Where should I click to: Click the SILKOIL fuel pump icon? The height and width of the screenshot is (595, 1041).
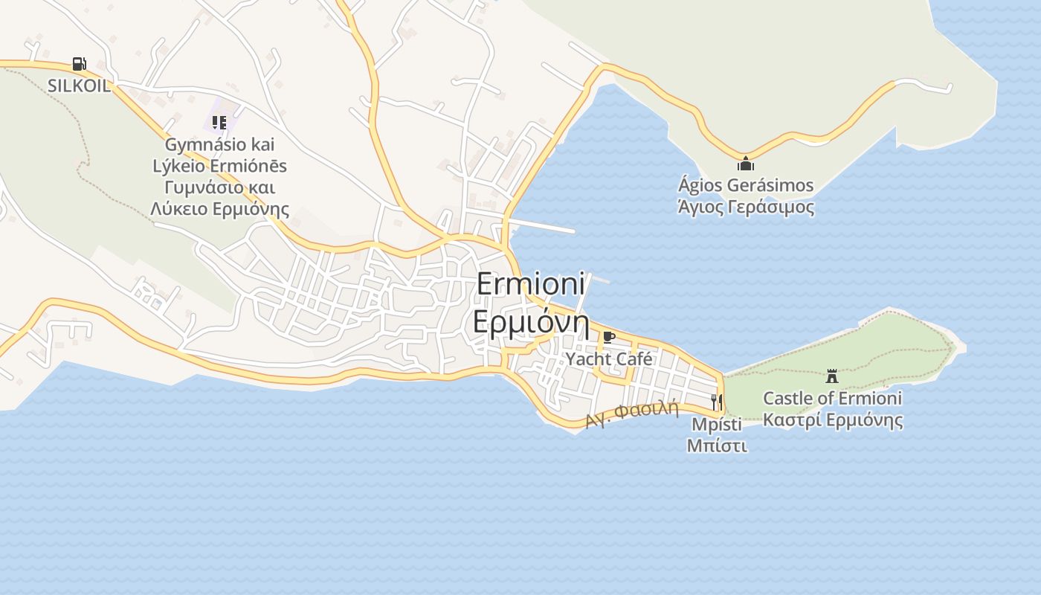79,64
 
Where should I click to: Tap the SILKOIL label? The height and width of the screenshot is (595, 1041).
79,86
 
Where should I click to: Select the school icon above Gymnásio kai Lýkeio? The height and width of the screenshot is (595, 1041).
219,122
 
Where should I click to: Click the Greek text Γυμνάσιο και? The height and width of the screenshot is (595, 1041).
219,187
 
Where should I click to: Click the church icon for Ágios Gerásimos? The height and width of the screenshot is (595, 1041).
746,164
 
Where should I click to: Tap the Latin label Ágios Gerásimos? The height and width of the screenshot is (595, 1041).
746,185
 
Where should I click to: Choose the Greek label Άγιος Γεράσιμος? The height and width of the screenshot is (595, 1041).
746,207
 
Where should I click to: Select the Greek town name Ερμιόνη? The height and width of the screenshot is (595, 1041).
531,324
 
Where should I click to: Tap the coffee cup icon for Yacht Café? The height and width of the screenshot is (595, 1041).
609,338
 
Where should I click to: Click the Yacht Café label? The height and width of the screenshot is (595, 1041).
609,359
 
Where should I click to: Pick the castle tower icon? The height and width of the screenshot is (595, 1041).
832,376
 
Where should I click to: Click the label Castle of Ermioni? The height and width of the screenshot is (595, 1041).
832,398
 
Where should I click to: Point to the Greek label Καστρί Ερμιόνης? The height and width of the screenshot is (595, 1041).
833,419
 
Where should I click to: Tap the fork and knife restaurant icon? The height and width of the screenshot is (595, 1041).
717,402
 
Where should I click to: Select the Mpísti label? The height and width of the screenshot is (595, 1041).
717,424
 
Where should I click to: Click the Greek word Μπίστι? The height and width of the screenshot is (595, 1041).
717,446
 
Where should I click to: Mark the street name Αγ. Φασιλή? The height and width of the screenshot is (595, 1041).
633,414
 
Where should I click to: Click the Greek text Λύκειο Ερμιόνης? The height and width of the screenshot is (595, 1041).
219,209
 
